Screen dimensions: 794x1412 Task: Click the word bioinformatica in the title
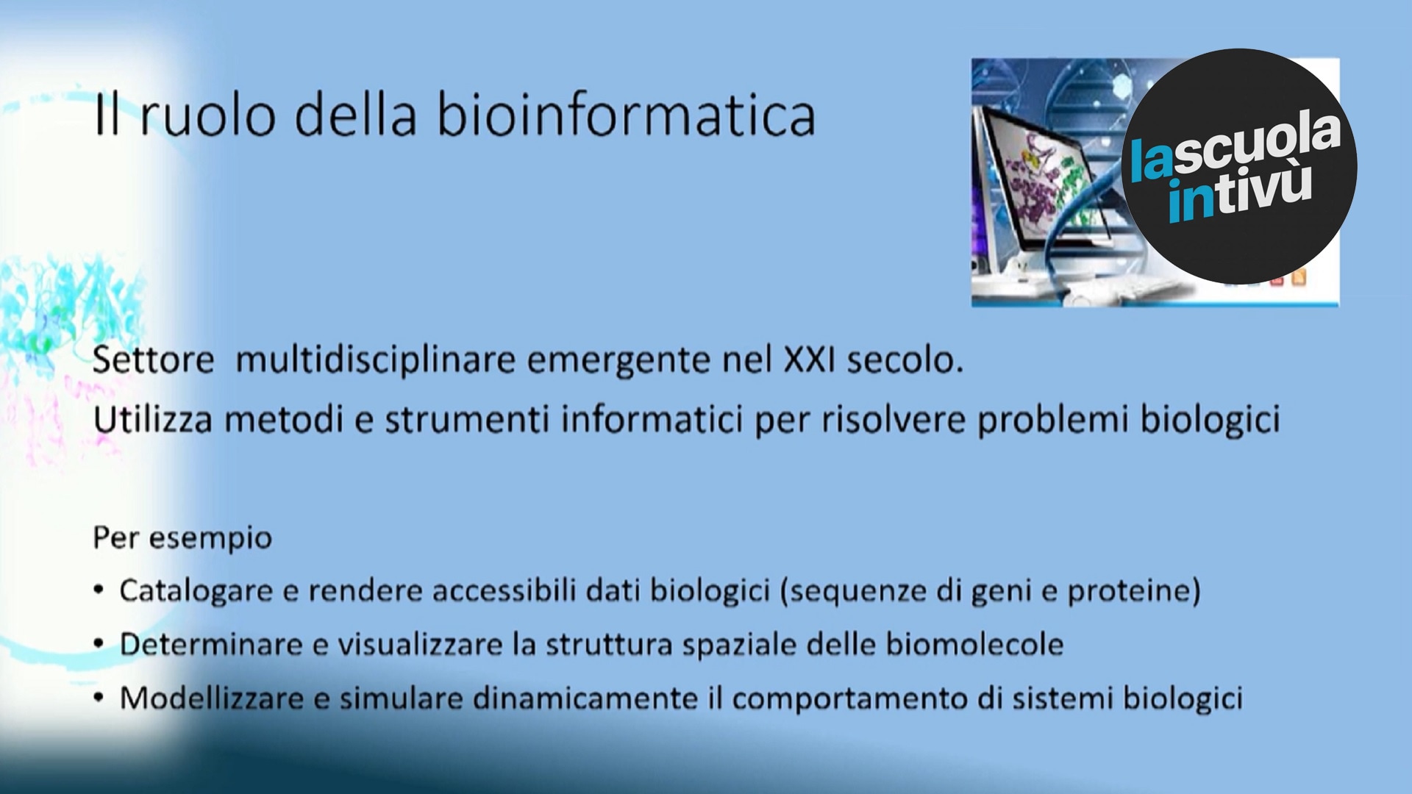pyautogui.click(x=626, y=115)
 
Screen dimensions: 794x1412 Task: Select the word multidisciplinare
pyautogui.click(x=375, y=360)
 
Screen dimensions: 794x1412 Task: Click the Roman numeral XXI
pyautogui.click(x=809, y=360)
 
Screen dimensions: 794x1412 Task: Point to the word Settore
pyautogui.click(x=154, y=360)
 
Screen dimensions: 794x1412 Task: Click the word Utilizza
pyautogui.click(x=153, y=420)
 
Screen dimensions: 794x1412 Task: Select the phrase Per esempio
pyautogui.click(x=182, y=538)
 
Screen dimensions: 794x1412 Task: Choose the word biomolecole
pyautogui.click(x=974, y=644)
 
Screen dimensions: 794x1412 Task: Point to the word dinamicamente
pyautogui.click(x=585, y=698)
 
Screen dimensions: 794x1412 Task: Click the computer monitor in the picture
pyautogui.click(x=1044, y=176)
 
